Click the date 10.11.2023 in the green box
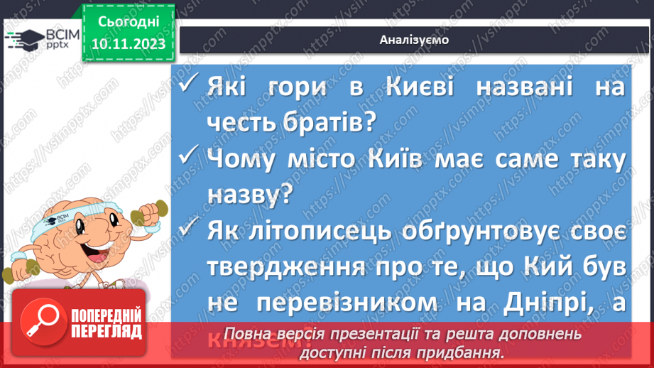coord(128,44)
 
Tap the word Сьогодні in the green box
coord(128,21)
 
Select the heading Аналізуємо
coord(414,40)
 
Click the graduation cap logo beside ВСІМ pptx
coord(23,41)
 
